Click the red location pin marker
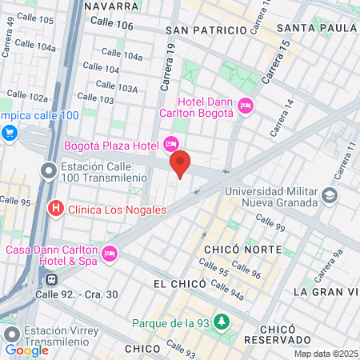click(x=180, y=163)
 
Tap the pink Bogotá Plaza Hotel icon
click(x=170, y=144)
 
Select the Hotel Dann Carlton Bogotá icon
click(x=245, y=105)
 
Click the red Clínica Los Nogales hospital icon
click(x=56, y=210)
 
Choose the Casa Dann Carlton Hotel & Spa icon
click(x=109, y=254)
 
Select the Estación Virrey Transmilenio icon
click(x=10, y=334)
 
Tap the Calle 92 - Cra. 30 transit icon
click(x=51, y=280)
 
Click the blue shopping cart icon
click(x=10, y=132)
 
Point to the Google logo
click(x=26, y=350)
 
